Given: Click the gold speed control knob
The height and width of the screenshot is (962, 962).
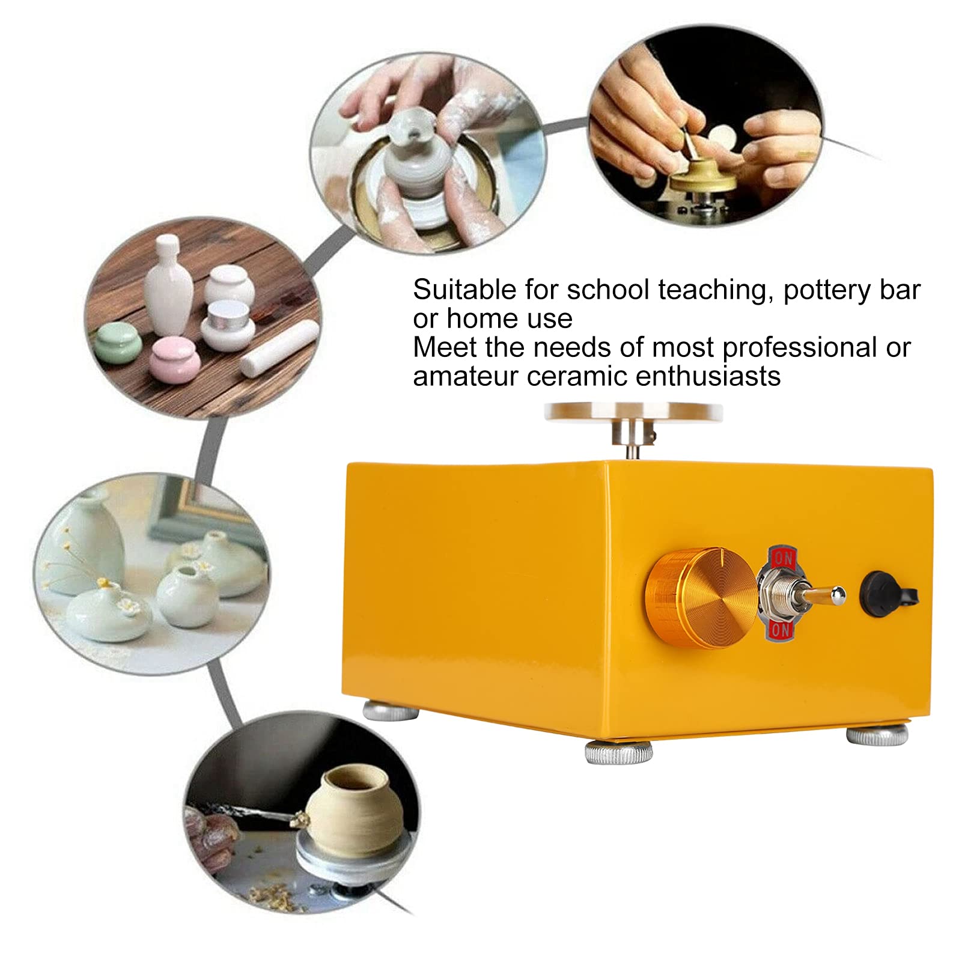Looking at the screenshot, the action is [x=700, y=598].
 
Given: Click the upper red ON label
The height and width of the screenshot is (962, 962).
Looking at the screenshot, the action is [x=783, y=558].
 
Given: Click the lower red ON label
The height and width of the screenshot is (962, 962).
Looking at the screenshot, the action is [x=781, y=630].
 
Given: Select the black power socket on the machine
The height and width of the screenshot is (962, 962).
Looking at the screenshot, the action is [x=887, y=594].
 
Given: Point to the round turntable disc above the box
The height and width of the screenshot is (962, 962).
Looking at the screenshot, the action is [x=633, y=412].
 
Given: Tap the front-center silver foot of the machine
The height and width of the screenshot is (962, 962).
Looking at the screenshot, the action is [x=618, y=752].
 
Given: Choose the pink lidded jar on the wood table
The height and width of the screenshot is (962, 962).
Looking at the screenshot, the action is [x=174, y=359].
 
